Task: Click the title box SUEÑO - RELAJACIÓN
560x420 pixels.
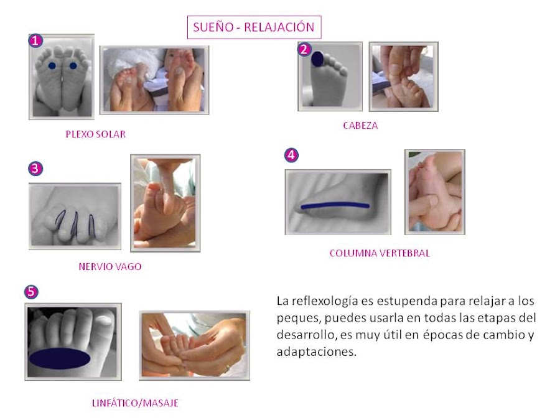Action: point(254,27)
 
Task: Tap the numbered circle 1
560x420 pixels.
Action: point(35,40)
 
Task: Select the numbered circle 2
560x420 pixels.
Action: point(304,49)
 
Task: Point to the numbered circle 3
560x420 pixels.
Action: point(35,168)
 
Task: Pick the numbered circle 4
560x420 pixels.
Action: point(291,156)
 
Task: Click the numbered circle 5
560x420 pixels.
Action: point(31,292)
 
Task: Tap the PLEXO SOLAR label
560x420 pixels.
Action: point(96,134)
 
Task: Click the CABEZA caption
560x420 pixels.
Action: point(360,125)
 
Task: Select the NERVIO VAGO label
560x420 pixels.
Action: point(110,266)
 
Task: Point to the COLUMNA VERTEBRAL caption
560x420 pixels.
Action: point(380,253)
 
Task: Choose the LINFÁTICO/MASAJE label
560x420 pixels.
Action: point(135,403)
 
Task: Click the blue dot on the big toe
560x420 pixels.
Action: point(317,59)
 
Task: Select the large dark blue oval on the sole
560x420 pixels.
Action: point(59,358)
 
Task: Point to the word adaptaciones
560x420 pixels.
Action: point(317,352)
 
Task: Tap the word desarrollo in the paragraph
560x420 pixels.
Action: point(307,335)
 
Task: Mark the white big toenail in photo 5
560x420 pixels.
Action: point(105,320)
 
